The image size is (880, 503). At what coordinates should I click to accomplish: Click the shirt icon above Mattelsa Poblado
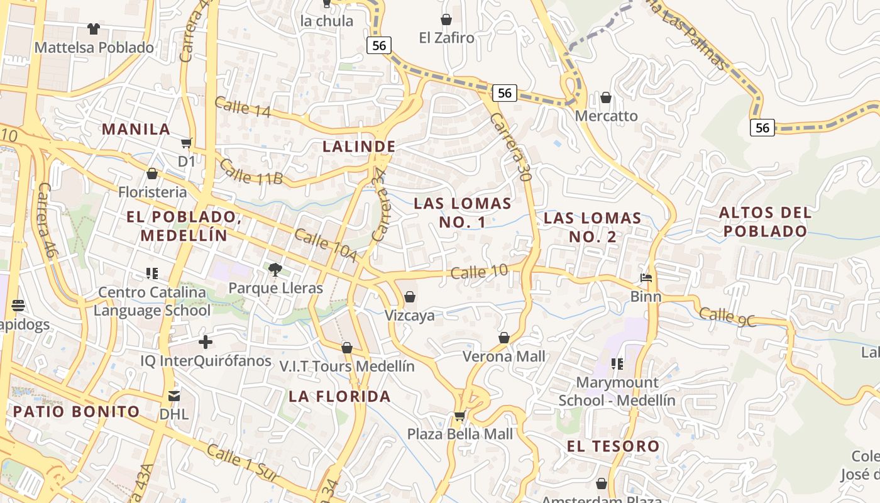(94, 28)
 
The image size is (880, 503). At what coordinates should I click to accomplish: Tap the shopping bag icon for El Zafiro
(446, 19)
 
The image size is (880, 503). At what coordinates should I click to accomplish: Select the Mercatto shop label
(606, 116)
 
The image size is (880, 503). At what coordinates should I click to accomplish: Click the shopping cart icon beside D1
(186, 143)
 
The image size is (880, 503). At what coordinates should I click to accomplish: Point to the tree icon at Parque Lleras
(275, 270)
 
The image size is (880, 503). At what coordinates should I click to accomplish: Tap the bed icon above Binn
(646, 278)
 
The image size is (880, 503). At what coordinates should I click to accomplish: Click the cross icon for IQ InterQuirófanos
(206, 342)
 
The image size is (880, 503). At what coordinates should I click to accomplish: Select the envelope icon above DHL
(173, 396)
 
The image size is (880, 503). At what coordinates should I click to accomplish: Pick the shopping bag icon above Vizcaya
(410, 296)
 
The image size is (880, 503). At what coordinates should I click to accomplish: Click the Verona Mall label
(504, 356)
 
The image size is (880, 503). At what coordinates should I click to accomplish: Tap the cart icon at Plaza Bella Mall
(459, 416)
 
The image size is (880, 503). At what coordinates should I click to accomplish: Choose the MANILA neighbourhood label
(136, 129)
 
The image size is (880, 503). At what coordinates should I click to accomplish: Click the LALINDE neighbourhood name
(359, 146)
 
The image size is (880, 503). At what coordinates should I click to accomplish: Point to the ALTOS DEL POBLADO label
(765, 221)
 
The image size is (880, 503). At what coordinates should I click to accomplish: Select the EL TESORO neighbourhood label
(613, 446)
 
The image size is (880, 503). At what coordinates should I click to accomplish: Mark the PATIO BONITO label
(76, 412)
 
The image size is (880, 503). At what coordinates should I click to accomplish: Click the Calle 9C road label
(727, 316)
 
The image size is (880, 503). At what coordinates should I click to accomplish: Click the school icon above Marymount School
(617, 364)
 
